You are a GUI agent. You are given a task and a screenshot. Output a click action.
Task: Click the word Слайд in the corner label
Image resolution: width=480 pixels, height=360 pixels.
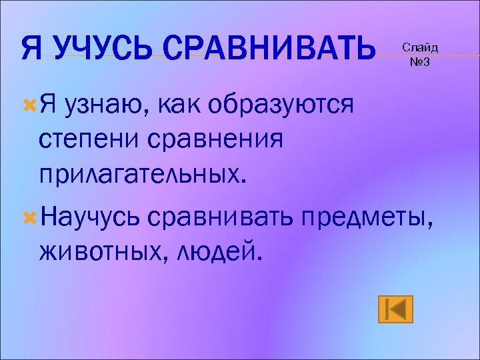click(420, 49)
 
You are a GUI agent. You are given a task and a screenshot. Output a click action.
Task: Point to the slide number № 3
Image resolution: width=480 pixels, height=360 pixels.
click(420, 63)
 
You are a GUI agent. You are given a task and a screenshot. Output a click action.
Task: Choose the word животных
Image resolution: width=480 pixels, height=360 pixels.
click(91, 251)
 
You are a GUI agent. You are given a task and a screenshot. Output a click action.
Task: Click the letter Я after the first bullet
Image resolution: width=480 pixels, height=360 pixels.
click(48, 106)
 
